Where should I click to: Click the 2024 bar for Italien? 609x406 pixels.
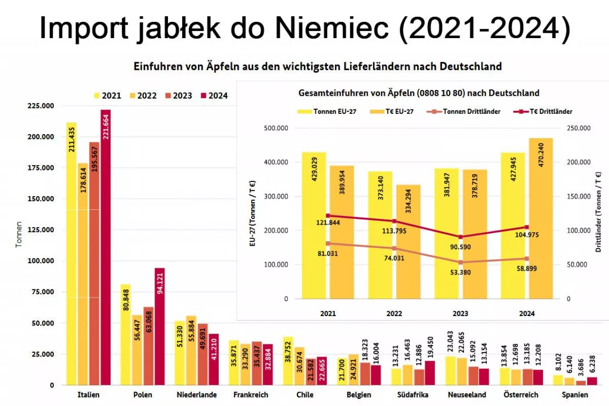[106, 248]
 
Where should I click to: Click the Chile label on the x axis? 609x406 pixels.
[304, 395]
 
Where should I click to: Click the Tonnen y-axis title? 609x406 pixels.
[19, 234]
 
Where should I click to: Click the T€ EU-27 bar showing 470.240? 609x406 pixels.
[541, 218]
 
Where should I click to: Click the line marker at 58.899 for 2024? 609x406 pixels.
[527, 258]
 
